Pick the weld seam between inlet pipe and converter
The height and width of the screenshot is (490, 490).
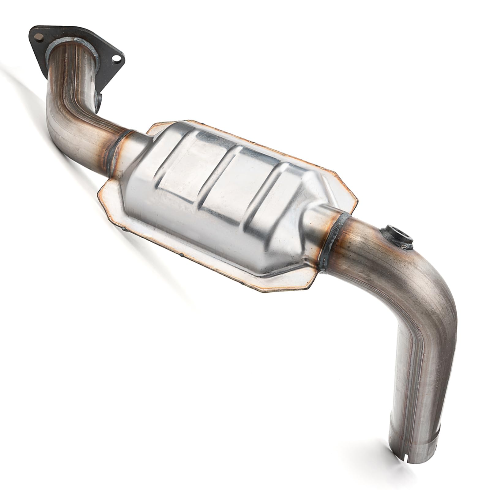coord(120,142)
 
